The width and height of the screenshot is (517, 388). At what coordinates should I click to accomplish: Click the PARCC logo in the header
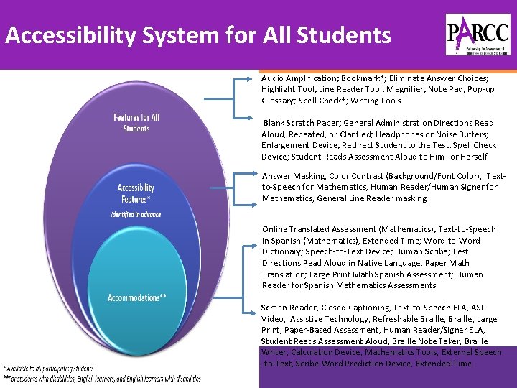click(x=478, y=34)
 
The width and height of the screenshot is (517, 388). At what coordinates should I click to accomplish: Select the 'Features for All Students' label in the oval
click(x=136, y=123)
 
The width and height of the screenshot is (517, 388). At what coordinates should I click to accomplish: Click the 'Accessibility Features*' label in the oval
click(x=136, y=193)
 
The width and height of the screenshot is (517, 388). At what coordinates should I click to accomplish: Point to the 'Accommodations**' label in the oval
click(x=136, y=297)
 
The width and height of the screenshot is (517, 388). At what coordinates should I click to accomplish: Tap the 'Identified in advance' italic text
click(x=136, y=214)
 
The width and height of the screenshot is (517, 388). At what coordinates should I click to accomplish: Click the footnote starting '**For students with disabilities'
click(x=101, y=379)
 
